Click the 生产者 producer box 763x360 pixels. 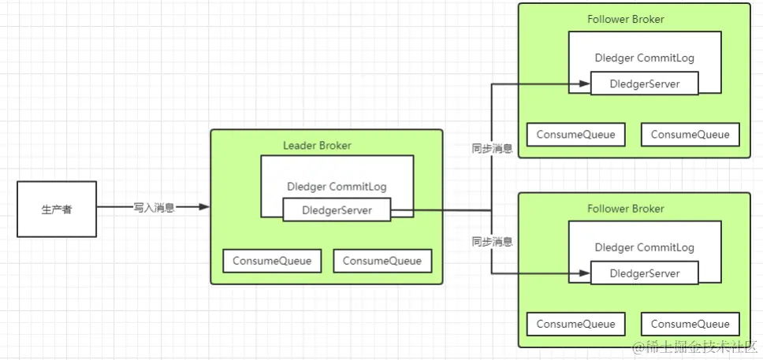pyautogui.click(x=57, y=209)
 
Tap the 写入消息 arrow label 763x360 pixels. pyautogui.click(x=154, y=207)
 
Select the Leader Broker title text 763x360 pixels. pyautogui.click(x=317, y=146)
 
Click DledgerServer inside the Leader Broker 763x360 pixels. pyautogui.click(x=337, y=210)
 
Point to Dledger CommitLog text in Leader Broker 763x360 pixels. pyautogui.click(x=337, y=187)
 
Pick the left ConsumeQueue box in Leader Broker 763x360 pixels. pyautogui.click(x=272, y=261)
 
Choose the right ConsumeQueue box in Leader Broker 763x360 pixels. pyautogui.click(x=382, y=261)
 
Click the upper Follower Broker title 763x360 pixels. pyautogui.click(x=626, y=20)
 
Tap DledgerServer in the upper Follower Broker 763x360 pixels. pyautogui.click(x=644, y=84)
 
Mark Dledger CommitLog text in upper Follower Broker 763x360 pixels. pyautogui.click(x=644, y=58)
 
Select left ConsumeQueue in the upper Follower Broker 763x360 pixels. pyautogui.click(x=575, y=134)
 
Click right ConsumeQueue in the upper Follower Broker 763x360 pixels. pyautogui.click(x=690, y=134)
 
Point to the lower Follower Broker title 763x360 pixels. pyautogui.click(x=626, y=209)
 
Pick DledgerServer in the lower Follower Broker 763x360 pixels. pyautogui.click(x=644, y=273)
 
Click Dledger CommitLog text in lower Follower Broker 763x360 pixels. pyautogui.click(x=644, y=247)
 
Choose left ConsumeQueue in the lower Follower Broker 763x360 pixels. pyautogui.click(x=575, y=324)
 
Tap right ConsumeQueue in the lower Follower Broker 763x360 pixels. pyautogui.click(x=690, y=324)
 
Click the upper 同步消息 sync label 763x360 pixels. pyautogui.click(x=492, y=147)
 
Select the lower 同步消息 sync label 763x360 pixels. pyautogui.click(x=492, y=241)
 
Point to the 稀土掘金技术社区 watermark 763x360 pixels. pyautogui.click(x=694, y=347)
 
